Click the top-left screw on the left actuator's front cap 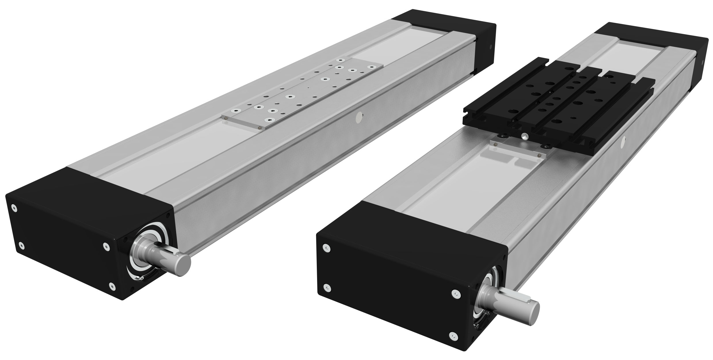13,207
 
